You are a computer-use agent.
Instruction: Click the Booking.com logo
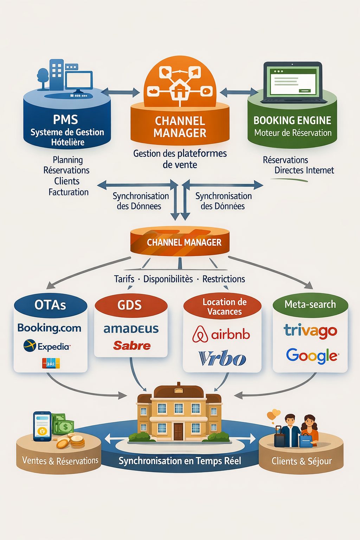click(x=49, y=328)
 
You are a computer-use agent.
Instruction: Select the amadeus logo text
click(x=131, y=329)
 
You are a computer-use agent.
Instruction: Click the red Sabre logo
click(x=132, y=346)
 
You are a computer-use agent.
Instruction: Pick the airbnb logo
click(x=221, y=334)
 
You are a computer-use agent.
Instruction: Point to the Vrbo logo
click(x=222, y=358)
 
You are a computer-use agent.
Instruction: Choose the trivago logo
click(x=310, y=330)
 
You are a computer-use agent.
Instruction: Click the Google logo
click(x=312, y=356)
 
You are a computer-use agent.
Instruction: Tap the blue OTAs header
click(x=50, y=305)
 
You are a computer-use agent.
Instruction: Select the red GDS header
click(x=130, y=305)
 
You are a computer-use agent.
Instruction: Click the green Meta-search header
click(x=310, y=304)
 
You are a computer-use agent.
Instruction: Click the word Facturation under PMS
click(x=69, y=192)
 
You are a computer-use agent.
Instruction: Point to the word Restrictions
click(x=224, y=279)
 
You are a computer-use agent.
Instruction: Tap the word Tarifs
click(x=124, y=279)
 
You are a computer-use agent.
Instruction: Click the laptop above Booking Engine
click(x=293, y=83)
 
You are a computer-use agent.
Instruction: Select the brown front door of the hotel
click(x=178, y=431)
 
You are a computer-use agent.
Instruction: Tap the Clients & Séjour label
click(x=301, y=461)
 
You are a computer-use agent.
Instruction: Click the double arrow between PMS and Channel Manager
click(x=120, y=92)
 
